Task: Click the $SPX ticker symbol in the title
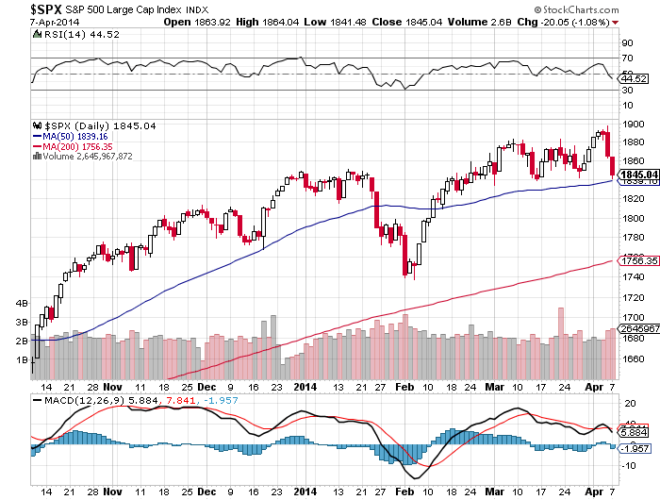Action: point(20,8)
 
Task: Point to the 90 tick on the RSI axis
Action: point(625,42)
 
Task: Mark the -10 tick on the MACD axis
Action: point(629,465)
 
